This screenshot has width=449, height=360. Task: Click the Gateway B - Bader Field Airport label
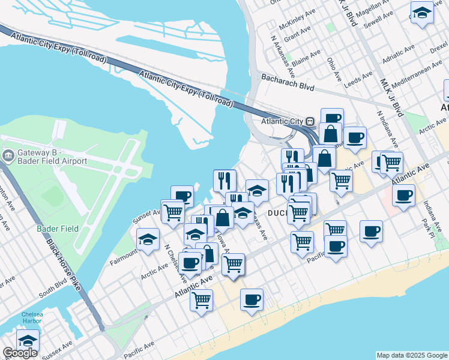point(52,157)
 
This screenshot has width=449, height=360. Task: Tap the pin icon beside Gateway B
point(8,157)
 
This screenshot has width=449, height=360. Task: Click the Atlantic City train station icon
point(310,120)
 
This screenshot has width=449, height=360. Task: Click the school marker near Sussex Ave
point(28,340)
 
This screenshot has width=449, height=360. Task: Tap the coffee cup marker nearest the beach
point(252,299)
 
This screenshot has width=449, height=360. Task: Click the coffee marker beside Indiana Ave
point(403,194)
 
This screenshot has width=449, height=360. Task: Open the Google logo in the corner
point(20,353)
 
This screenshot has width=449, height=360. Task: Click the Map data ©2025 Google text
point(412,355)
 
